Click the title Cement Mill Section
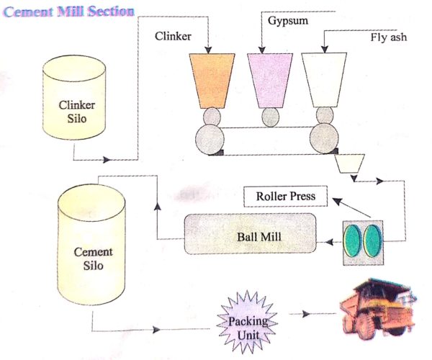point(68,12)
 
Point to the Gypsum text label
point(288,22)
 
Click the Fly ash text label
point(389,38)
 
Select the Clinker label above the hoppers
point(174,36)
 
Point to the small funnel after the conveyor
point(348,164)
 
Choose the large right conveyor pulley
point(325,138)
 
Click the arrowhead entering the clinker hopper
point(209,51)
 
